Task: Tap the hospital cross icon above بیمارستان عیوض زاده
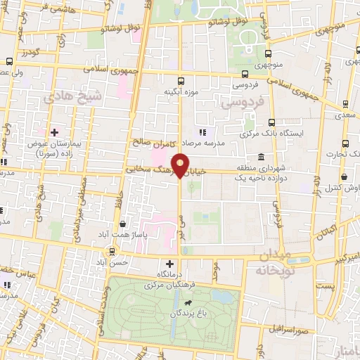(53, 131)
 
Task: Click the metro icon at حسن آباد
(112, 251)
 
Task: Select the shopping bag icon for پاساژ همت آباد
(123, 224)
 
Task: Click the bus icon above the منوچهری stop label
(268, 53)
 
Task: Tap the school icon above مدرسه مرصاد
(202, 131)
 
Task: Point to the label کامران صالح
(150, 142)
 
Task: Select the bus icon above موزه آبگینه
(181, 81)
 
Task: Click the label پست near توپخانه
(325, 286)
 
